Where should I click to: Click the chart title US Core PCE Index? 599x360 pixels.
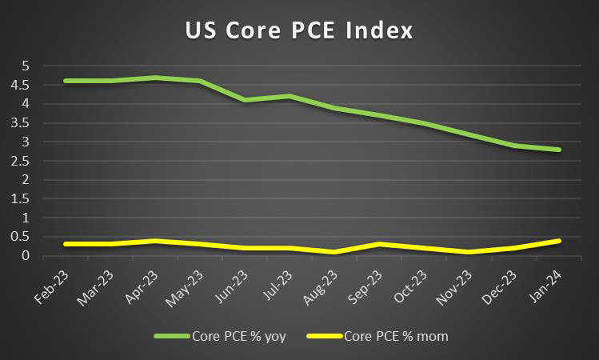point(299,31)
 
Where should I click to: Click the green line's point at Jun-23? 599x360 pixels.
point(246,100)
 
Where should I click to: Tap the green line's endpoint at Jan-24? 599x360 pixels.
point(560,150)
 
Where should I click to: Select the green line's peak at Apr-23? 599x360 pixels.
point(155,78)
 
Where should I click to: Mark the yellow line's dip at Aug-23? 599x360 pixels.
point(335,252)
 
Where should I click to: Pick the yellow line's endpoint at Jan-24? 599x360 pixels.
point(560,241)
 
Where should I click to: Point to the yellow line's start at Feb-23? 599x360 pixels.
point(66,244)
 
